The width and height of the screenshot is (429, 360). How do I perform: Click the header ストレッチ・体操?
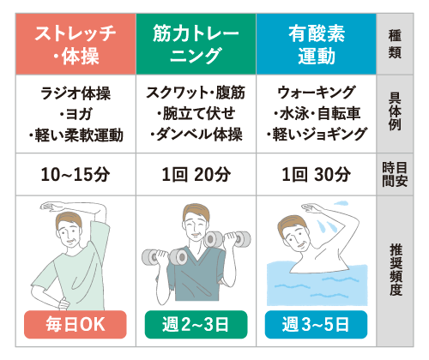[x=76, y=44]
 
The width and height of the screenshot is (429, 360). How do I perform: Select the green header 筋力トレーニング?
[x=196, y=44]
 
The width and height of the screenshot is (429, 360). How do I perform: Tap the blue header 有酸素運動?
[x=316, y=44]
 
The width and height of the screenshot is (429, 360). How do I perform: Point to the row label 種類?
[x=395, y=44]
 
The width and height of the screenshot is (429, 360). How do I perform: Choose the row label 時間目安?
[x=395, y=174]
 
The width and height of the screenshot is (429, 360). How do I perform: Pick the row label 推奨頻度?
[x=396, y=270]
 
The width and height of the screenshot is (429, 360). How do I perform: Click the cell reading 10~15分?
[x=76, y=174]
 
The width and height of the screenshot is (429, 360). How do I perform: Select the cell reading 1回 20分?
[x=196, y=174]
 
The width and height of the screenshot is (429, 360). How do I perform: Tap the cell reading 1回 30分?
[x=316, y=174]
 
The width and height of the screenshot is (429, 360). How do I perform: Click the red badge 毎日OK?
[x=76, y=325]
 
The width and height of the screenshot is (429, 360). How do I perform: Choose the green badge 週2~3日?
[x=196, y=325]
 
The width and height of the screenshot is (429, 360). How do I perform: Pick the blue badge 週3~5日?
[x=316, y=325]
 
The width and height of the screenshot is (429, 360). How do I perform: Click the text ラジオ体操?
[x=76, y=93]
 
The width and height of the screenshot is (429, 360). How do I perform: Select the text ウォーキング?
[x=317, y=93]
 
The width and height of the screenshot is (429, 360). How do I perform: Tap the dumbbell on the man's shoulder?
[x=228, y=239]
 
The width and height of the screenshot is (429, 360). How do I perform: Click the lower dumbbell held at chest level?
[x=165, y=256]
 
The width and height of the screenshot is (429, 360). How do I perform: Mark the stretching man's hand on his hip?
[x=63, y=303]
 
